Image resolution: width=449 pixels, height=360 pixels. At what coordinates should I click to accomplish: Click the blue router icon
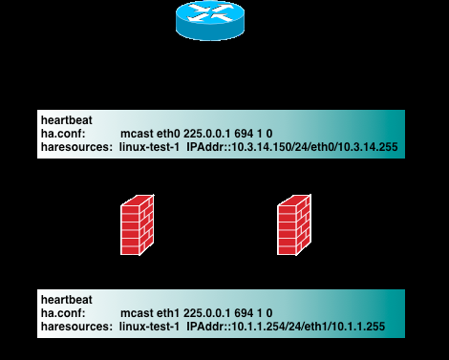[x=209, y=21]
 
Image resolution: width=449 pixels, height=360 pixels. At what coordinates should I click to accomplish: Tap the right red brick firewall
[x=294, y=225]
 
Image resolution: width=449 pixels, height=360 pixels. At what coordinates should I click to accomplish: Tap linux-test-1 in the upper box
[x=150, y=149]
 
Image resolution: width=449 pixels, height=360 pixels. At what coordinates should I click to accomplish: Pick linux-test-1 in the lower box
[x=150, y=328]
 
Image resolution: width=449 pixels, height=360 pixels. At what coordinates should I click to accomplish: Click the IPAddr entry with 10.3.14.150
[x=292, y=149]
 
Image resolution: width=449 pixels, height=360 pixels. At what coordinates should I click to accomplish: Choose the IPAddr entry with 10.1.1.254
[x=287, y=328]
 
